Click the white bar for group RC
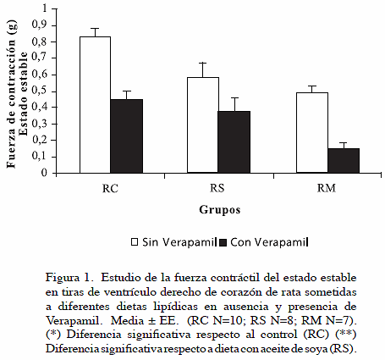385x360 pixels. click(x=95, y=105)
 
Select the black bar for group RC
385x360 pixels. click(x=127, y=136)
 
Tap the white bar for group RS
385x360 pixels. click(x=203, y=125)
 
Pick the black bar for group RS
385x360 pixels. click(x=234, y=142)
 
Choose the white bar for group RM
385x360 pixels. click(x=312, y=133)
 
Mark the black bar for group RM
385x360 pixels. click(x=344, y=161)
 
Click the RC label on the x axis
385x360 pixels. click(x=110, y=188)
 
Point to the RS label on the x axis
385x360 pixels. click(x=217, y=188)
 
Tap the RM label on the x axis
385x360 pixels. click(x=327, y=188)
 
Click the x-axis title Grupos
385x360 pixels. click(x=220, y=210)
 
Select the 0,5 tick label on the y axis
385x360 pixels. click(x=40, y=91)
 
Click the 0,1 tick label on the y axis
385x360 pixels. click(x=40, y=156)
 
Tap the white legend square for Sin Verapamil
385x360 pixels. click(x=135, y=242)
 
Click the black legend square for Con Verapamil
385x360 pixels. click(x=223, y=242)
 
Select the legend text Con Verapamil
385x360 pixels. click(x=269, y=242)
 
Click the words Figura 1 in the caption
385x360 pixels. click(x=69, y=278)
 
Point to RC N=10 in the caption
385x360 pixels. click(x=217, y=321)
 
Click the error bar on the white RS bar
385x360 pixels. click(x=203, y=70)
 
